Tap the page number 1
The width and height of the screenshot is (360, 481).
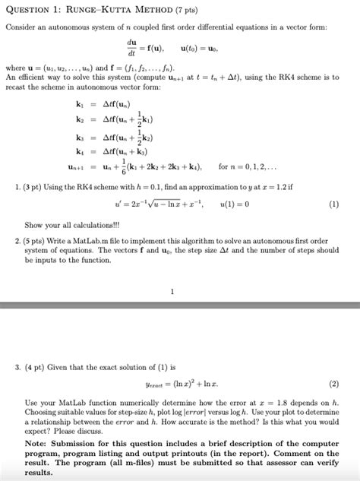coord(172,291)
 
